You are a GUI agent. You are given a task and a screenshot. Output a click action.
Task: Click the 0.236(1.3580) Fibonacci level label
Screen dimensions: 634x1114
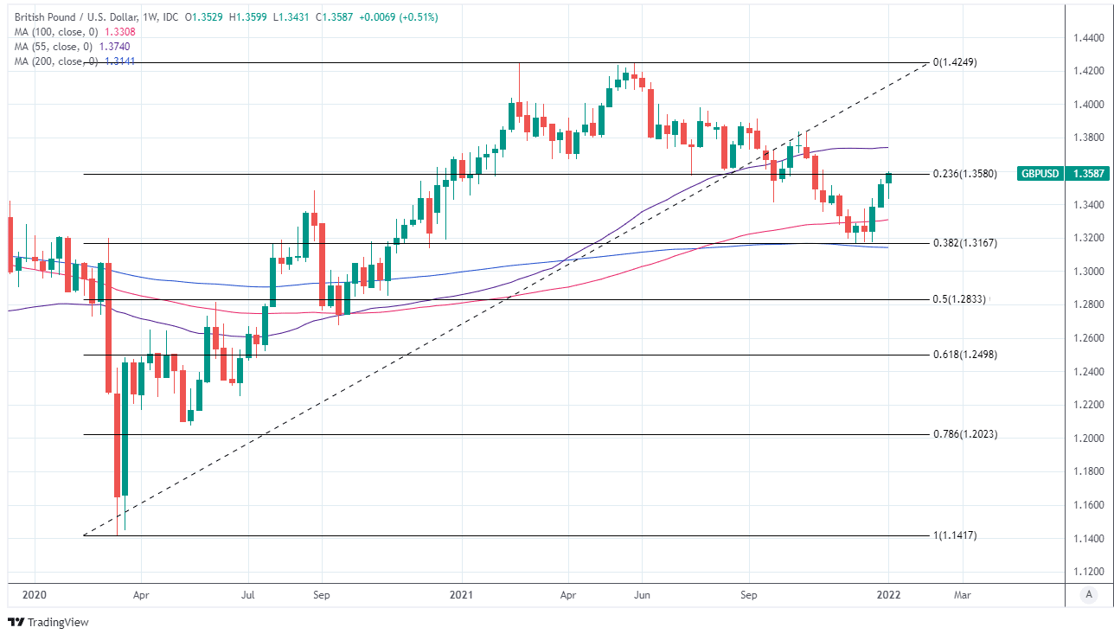[964, 174]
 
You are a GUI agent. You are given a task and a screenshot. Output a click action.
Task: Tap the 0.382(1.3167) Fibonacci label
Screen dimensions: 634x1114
[964, 243]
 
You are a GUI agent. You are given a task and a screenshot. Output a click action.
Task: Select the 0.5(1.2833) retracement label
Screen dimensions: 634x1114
[959, 299]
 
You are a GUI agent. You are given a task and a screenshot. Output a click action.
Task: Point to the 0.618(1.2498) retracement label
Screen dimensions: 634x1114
[964, 355]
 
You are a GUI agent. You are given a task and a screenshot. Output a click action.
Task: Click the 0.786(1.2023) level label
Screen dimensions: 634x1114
[964, 434]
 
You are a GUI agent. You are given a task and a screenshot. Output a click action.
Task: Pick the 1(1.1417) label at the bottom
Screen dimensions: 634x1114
[954, 535]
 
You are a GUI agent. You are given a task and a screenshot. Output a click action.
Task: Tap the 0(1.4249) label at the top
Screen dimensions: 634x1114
[954, 63]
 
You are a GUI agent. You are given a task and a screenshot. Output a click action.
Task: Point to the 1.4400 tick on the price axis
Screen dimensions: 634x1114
[1088, 38]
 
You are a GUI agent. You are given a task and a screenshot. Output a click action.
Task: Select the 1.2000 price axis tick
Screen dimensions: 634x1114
[1088, 439]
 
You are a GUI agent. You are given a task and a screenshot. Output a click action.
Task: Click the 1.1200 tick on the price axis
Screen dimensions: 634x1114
[1088, 572]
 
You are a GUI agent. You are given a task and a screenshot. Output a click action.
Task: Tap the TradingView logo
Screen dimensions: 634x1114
[48, 622]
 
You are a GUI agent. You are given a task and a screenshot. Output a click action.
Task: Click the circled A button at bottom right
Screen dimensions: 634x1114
[1089, 594]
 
